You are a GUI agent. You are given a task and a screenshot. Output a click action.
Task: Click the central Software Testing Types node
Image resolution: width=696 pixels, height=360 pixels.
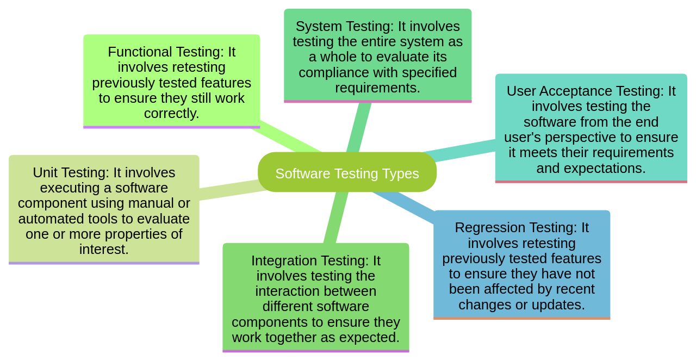pyautogui.click(x=347, y=173)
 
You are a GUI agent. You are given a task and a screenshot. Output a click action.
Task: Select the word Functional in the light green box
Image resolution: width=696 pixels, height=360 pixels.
pyautogui.click(x=138, y=52)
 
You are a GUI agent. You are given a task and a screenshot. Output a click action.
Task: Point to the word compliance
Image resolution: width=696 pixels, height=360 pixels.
pyautogui.click(x=332, y=72)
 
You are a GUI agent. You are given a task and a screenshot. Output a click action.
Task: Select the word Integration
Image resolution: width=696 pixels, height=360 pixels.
pyautogui.click(x=284, y=261)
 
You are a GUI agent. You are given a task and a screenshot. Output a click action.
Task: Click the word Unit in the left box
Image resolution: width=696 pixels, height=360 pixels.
pyautogui.click(x=45, y=173)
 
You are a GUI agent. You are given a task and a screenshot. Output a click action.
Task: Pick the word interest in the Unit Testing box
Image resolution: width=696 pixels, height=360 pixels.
pyautogui.click(x=103, y=250)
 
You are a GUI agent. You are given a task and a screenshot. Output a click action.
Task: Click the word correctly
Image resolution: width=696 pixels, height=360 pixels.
pyautogui.click(x=171, y=114)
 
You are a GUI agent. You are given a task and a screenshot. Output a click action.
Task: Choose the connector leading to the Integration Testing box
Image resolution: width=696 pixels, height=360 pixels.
pyautogui.click(x=335, y=218)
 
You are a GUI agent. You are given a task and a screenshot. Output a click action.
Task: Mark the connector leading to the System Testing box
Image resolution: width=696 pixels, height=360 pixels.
pyautogui.click(x=359, y=127)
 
